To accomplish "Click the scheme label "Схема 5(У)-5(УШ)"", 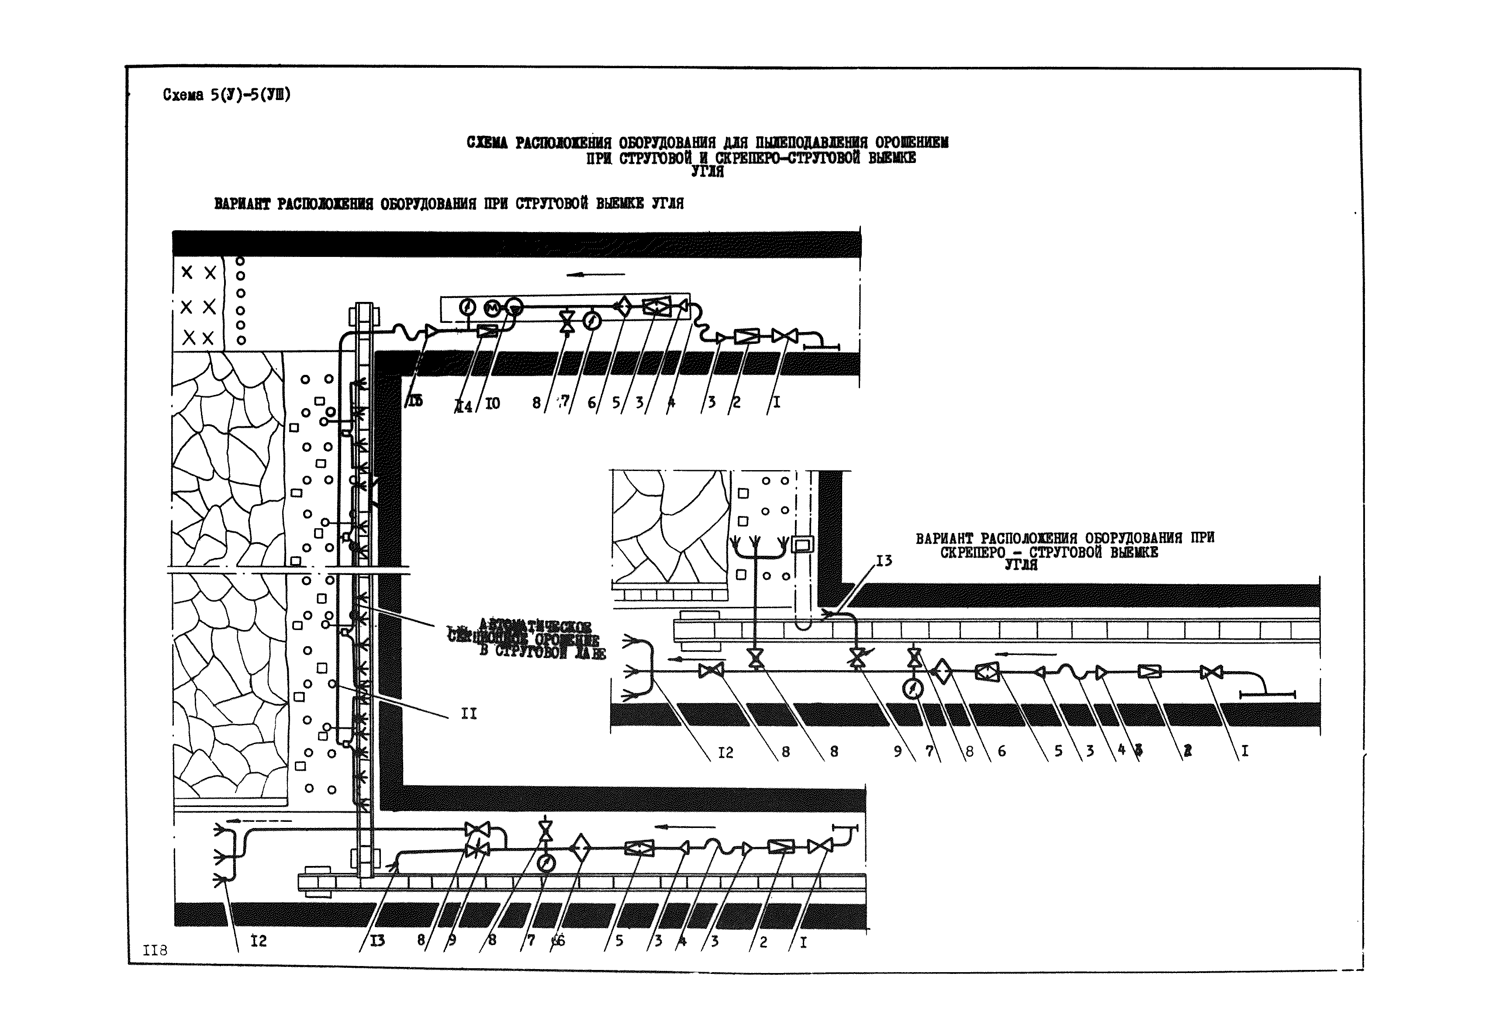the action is coord(226,95).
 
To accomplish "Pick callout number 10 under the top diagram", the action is coord(493,403).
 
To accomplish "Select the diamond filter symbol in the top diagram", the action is coord(622,306).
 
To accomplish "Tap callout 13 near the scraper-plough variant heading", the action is coord(884,560).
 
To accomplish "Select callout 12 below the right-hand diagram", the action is coord(726,752).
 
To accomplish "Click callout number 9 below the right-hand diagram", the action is coord(897,751).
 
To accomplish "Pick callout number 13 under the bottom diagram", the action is coord(377,941).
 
